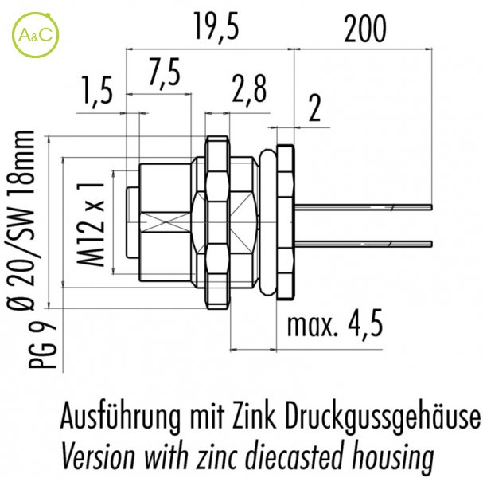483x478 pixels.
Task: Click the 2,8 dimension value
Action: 251,91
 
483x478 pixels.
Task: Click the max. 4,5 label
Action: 334,325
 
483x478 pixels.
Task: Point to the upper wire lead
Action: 361,209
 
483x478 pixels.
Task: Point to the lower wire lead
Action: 361,241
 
